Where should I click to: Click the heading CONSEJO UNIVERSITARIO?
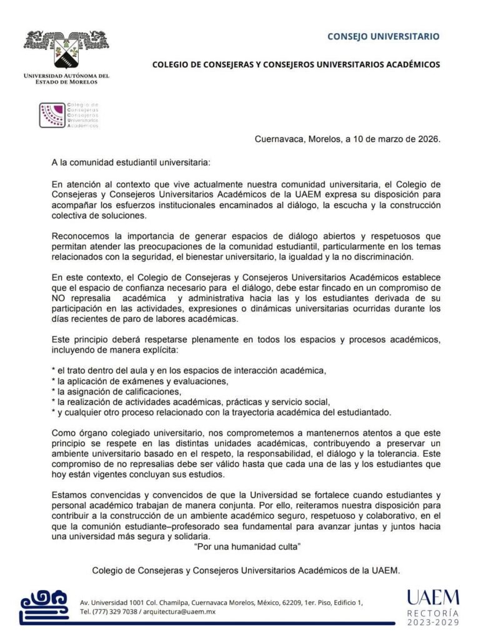coord(383,37)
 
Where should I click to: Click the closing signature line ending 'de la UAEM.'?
coord(246,571)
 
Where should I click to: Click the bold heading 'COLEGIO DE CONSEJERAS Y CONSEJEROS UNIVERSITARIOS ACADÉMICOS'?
coord(296,64)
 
